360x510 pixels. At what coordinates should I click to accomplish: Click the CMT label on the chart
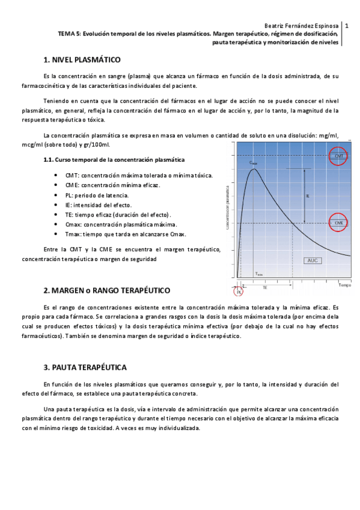tap(338, 156)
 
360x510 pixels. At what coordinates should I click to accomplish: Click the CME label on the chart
tap(338, 223)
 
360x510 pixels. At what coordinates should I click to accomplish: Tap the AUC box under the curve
tap(313, 260)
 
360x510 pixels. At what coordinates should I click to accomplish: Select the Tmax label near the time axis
tap(258, 274)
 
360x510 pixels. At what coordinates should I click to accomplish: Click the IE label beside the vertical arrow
tap(308, 196)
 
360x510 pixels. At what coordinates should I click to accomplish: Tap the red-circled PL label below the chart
tap(239, 291)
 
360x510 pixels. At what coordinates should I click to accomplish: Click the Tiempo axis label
tap(344, 284)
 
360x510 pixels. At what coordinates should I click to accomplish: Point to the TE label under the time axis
tap(264, 288)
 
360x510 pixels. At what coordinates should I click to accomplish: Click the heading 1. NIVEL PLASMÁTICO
tap(82, 60)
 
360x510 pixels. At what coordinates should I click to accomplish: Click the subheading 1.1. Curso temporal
tap(114, 160)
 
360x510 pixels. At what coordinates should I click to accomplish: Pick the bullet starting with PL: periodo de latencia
tap(97, 195)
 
